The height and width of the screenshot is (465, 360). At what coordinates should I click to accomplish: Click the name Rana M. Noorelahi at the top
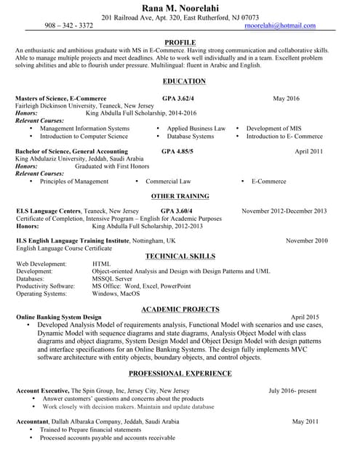click(x=180, y=7)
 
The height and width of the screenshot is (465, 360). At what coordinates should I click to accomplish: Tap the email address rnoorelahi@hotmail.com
click(x=280, y=25)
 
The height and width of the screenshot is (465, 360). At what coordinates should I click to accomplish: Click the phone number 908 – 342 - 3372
click(x=68, y=25)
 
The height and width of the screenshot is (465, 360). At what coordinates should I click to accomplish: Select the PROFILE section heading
click(x=180, y=43)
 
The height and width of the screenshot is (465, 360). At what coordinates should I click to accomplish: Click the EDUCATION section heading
click(x=184, y=81)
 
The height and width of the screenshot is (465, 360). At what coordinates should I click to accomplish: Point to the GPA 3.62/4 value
click(x=178, y=98)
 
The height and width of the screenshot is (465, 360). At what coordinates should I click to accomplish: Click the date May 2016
click(x=286, y=98)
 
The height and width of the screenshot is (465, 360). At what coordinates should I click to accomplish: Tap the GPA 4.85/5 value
click(x=177, y=151)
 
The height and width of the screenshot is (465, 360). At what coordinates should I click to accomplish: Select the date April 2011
click(x=308, y=151)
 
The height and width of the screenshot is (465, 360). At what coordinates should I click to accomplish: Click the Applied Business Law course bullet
click(x=196, y=129)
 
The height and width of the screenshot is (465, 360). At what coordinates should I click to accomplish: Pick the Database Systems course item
click(x=190, y=137)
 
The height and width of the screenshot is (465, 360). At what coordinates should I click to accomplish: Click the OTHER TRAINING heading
click(x=180, y=196)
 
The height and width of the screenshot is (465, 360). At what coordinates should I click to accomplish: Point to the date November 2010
click(x=306, y=240)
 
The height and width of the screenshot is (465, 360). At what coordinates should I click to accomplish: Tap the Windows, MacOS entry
click(x=116, y=294)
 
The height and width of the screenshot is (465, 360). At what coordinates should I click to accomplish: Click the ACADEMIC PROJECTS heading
click(x=180, y=309)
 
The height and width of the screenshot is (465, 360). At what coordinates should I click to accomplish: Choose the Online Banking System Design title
click(x=59, y=318)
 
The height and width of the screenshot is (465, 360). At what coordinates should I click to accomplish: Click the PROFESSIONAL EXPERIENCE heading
click(x=180, y=373)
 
